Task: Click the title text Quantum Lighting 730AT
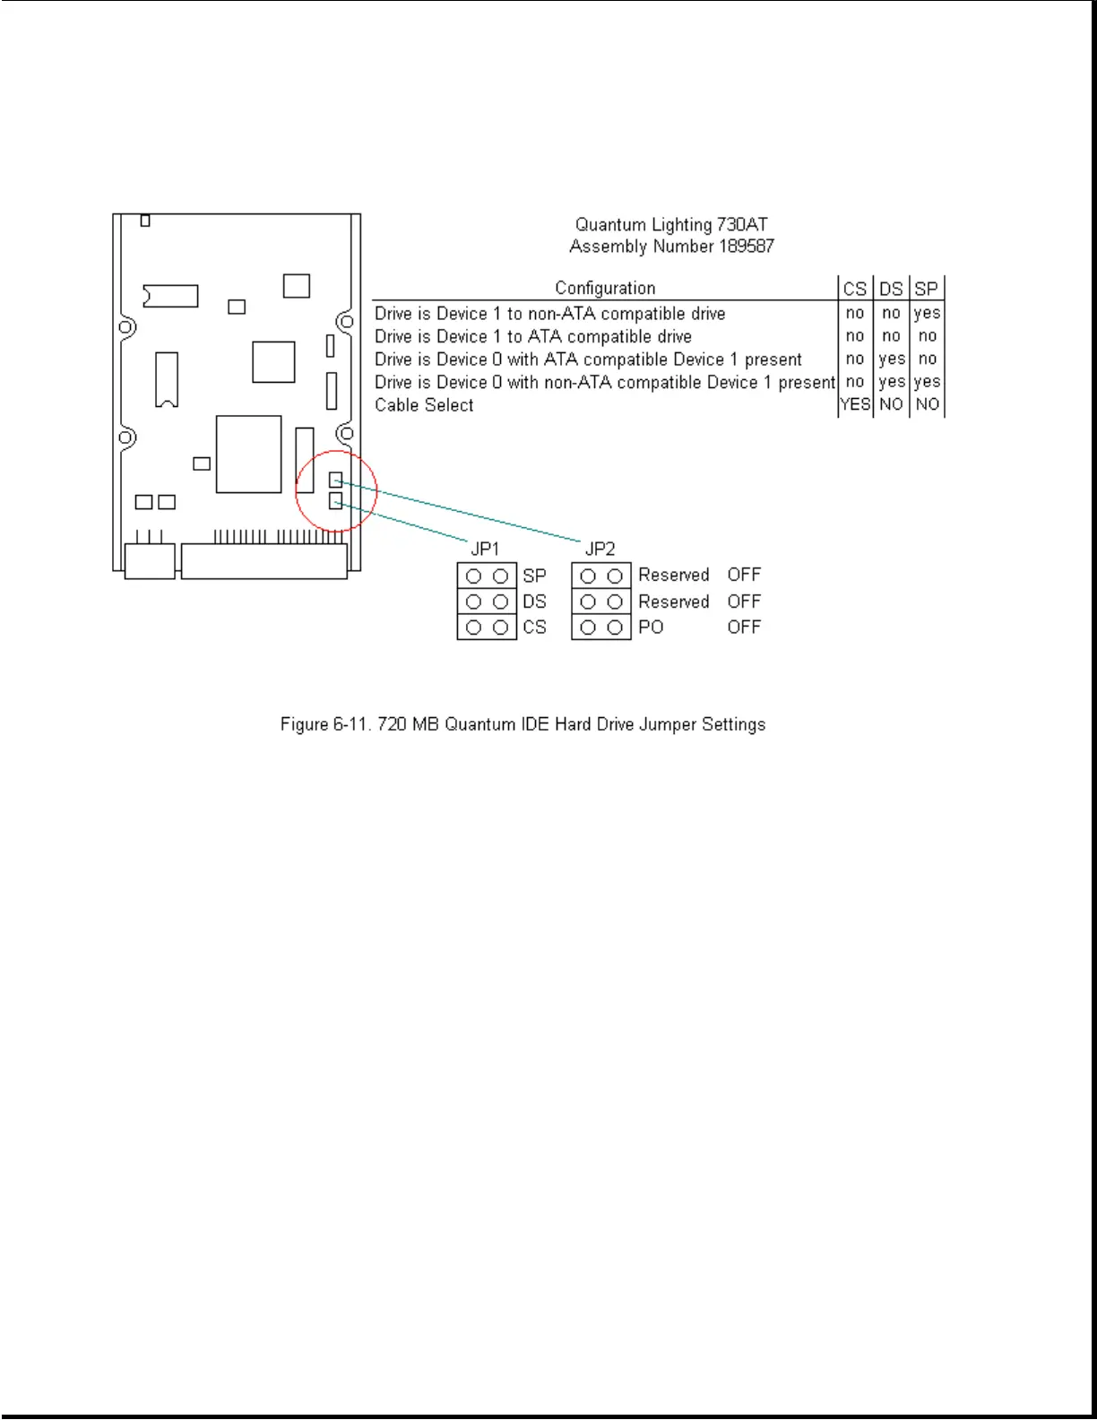click(x=671, y=225)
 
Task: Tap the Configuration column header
click(x=605, y=288)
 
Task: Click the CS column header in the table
click(x=855, y=289)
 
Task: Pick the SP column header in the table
click(x=927, y=289)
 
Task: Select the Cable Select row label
click(x=424, y=405)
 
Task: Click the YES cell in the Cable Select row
click(x=855, y=404)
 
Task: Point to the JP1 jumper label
click(x=485, y=549)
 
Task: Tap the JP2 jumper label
click(x=600, y=549)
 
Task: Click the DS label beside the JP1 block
click(x=534, y=602)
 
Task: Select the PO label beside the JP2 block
click(x=651, y=628)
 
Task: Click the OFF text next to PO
click(x=744, y=628)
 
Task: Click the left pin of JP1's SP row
click(x=473, y=576)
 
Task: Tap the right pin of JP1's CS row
click(x=501, y=628)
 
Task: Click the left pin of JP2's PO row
click(x=588, y=628)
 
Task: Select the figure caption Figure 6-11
click(x=523, y=724)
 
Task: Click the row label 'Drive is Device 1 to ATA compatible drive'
click(x=533, y=337)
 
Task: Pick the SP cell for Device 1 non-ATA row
click(x=927, y=313)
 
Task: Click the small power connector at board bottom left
click(x=150, y=561)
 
